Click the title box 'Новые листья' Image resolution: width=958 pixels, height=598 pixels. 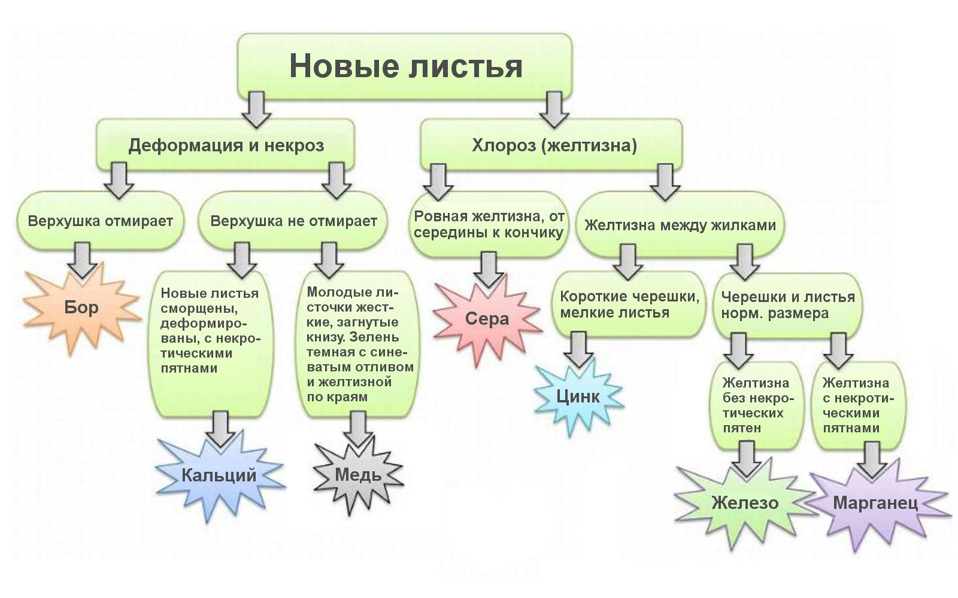pyautogui.click(x=405, y=66)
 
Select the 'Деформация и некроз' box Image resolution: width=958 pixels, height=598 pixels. pyautogui.click(x=226, y=145)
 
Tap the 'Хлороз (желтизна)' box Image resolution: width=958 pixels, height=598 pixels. pyautogui.click(x=554, y=145)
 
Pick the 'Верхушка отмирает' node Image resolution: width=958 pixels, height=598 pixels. pyautogui.click(x=100, y=221)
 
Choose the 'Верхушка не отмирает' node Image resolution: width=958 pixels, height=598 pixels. pyautogui.click(x=293, y=221)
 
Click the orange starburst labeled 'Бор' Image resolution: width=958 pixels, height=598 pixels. pyautogui.click(x=81, y=307)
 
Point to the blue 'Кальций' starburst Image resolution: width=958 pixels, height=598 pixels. pyautogui.click(x=219, y=475)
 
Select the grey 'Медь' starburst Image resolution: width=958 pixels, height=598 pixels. pyautogui.click(x=358, y=475)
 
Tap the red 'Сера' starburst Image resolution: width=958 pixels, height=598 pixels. pyautogui.click(x=487, y=319)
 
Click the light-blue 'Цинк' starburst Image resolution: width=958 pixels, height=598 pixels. pyautogui.click(x=578, y=396)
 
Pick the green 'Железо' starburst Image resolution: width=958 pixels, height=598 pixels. pyautogui.click(x=745, y=503)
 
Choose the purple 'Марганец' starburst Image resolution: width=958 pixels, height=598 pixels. pyautogui.click(x=875, y=503)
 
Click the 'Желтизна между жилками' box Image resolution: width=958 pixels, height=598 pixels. pyautogui.click(x=680, y=225)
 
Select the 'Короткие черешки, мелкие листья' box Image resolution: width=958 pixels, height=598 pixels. pyautogui.click(x=629, y=304)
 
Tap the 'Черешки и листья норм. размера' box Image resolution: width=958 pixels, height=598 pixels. pyautogui.click(x=787, y=305)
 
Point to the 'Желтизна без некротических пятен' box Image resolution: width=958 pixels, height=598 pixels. pyautogui.click(x=756, y=405)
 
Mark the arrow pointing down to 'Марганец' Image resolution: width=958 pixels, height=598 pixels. pyautogui.click(x=872, y=459)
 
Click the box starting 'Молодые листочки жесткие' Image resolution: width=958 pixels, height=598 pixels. pyautogui.click(x=359, y=344)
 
